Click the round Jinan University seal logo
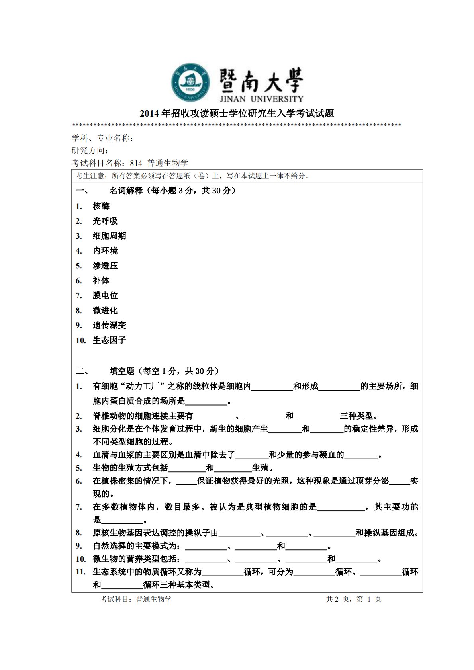tap(190, 82)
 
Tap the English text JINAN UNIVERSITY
tap(261, 99)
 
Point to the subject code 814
tap(136, 163)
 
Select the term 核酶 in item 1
tap(101, 206)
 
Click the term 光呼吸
tap(105, 221)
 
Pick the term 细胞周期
tap(109, 236)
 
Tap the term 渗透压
tap(105, 266)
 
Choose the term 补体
tap(101, 281)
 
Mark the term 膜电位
tap(105, 295)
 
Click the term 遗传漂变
tap(109, 325)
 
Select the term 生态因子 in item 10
tap(109, 340)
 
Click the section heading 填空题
tap(122, 371)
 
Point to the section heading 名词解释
tap(126, 191)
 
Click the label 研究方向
tap(89, 150)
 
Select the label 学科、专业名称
tap(101, 138)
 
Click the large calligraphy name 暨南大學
tap(261, 80)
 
